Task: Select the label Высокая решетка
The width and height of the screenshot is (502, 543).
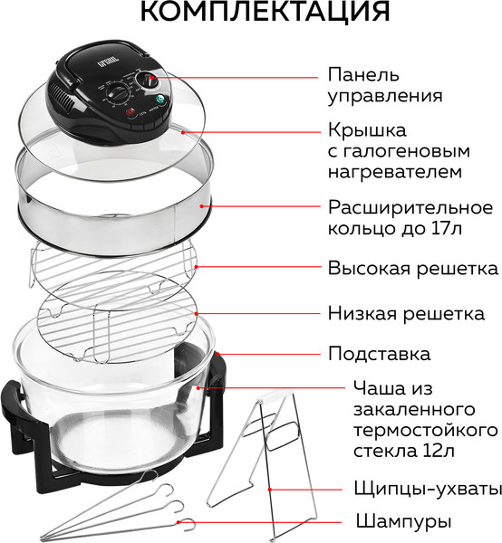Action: pos(412,269)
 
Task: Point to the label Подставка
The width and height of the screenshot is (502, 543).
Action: pos(379,353)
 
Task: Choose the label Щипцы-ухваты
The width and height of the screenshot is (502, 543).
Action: pos(414,489)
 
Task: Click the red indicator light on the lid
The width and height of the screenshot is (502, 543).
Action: pos(130,112)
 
